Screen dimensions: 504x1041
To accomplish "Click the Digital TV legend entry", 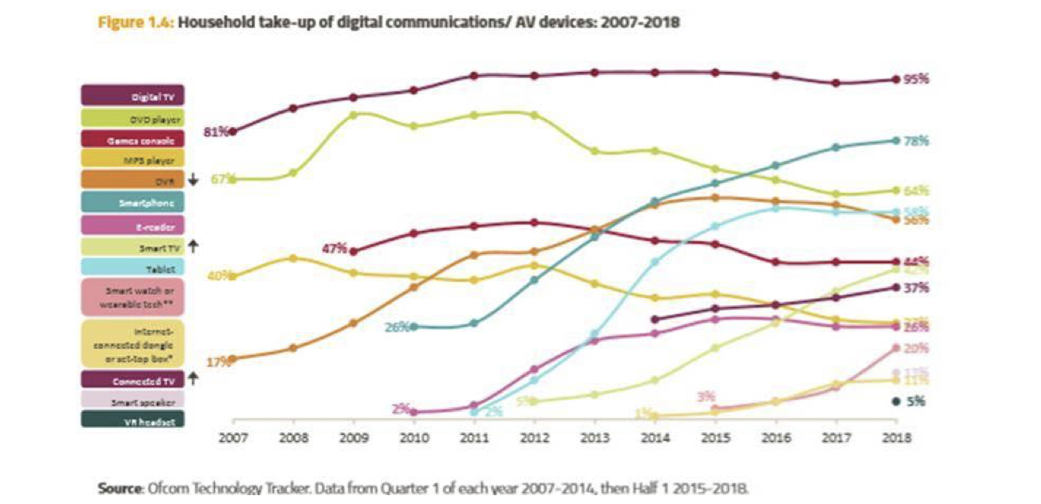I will point(133,96).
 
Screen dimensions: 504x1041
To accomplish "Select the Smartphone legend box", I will point(133,202).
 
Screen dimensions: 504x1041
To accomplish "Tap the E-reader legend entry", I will point(133,226).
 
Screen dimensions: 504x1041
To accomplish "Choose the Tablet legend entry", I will point(133,267).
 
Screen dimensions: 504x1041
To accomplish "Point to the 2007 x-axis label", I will point(232,438).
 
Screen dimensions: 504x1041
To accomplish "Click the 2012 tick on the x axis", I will point(535,438).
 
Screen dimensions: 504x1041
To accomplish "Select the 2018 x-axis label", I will point(896,438).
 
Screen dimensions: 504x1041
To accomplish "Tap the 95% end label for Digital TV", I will point(917,79).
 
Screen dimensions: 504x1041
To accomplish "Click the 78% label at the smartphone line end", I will point(917,141).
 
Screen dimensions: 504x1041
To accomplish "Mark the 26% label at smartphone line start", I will point(397,327).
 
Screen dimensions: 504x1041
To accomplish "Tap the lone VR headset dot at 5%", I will point(896,402).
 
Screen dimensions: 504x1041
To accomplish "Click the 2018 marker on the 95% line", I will point(896,79).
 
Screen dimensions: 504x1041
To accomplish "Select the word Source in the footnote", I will point(119,487).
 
